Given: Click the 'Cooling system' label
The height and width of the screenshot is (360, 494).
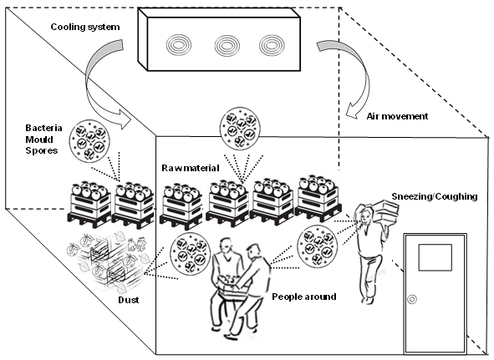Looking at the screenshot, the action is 85,27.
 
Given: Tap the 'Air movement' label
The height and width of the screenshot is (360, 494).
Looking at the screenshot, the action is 397,116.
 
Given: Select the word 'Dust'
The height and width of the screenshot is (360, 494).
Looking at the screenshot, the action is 129,300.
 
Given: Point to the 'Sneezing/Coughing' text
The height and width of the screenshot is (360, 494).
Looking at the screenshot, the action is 435,196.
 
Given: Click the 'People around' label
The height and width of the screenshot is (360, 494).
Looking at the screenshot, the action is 304,297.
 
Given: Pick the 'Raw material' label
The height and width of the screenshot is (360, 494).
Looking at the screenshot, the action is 191,168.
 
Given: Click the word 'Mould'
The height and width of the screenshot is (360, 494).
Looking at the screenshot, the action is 39,139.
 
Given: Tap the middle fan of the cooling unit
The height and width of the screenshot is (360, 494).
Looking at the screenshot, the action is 227,46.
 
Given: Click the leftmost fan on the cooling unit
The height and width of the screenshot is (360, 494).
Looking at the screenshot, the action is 179,45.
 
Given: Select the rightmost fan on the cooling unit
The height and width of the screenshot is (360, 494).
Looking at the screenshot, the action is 272,45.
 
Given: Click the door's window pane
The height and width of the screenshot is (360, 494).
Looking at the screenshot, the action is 435,257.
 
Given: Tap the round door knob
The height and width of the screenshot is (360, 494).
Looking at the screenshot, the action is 412,299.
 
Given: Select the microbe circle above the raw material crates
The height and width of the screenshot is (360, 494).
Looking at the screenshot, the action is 240,128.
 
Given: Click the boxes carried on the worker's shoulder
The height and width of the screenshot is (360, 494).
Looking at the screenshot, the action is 387,210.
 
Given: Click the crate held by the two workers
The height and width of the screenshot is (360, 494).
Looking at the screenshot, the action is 232,286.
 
